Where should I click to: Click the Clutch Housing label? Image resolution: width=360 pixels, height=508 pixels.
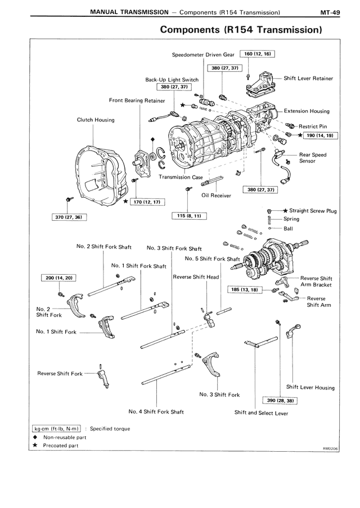pyautogui.click(x=96, y=120)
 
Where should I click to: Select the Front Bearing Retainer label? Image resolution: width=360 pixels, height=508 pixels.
pyautogui.click(x=137, y=100)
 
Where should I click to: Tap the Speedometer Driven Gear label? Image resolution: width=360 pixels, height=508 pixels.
pyautogui.click(x=203, y=54)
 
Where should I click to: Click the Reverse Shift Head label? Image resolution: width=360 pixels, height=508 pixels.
pyautogui.click(x=196, y=277)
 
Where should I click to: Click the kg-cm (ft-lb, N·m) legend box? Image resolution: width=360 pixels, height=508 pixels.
pyautogui.click(x=57, y=428)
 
